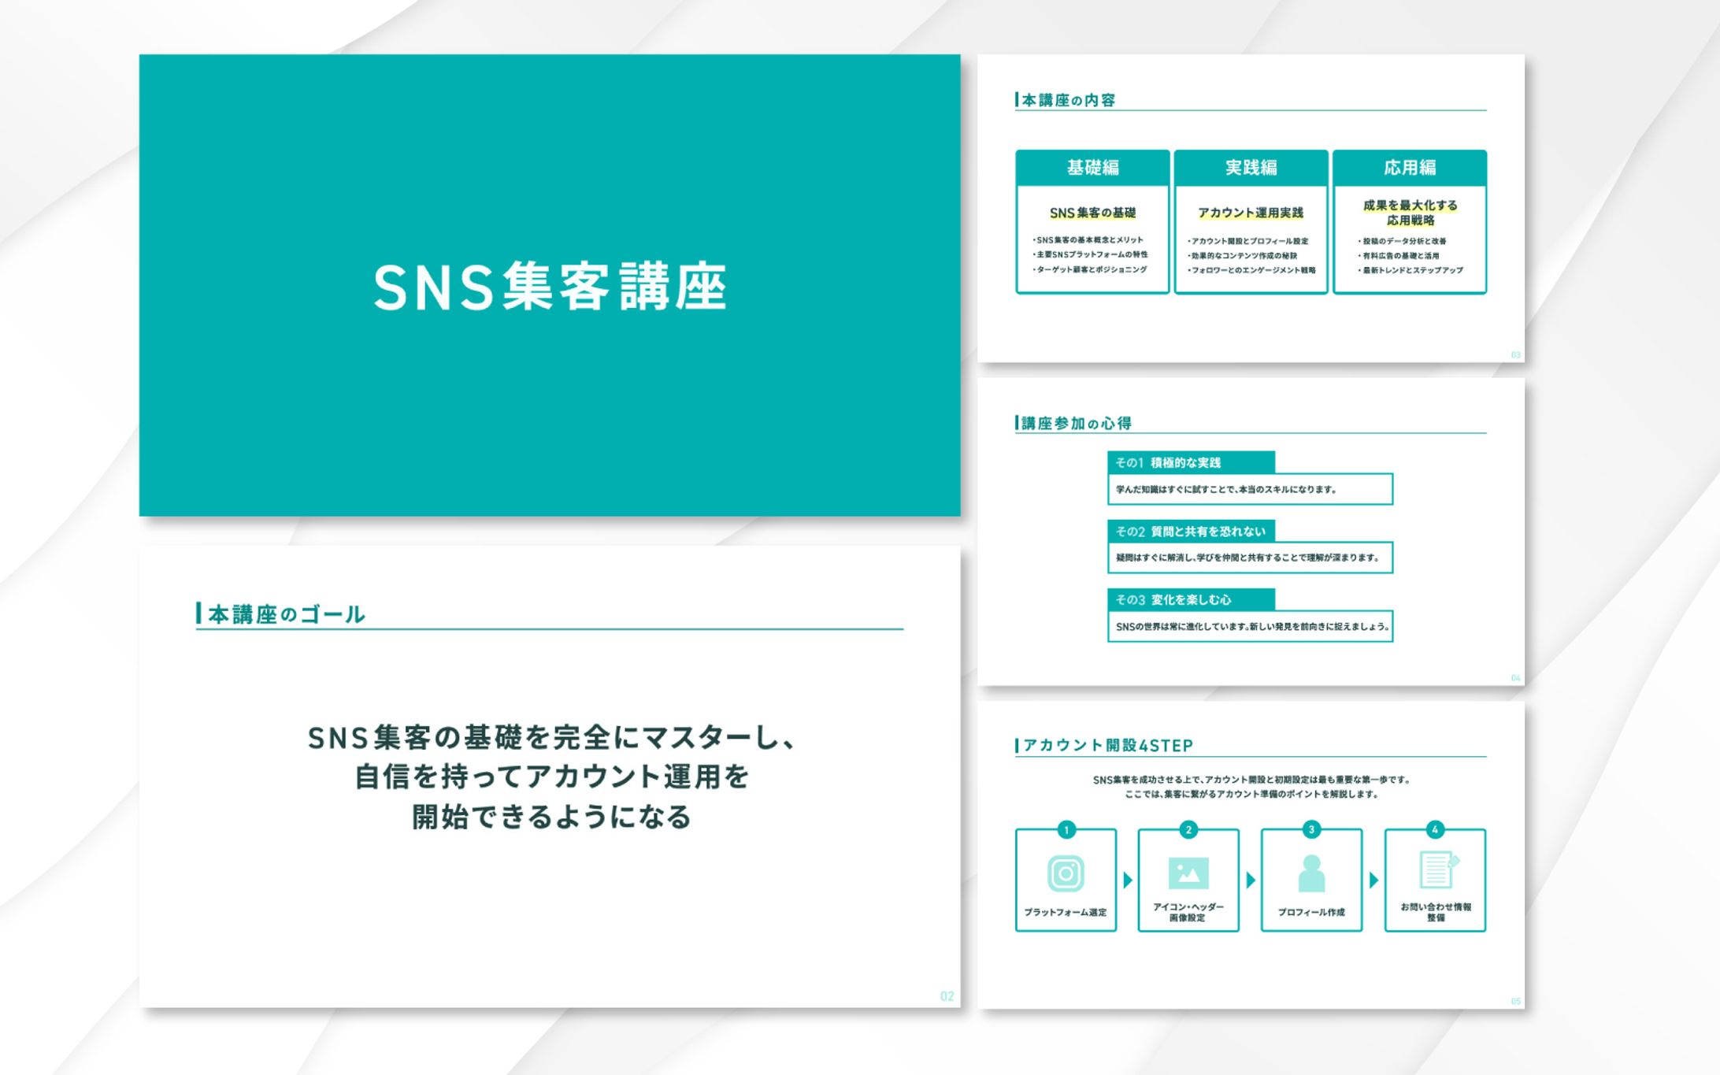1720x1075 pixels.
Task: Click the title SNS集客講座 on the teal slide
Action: (x=550, y=287)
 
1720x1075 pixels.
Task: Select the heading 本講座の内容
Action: (x=1068, y=100)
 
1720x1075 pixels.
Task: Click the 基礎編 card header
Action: (x=1092, y=168)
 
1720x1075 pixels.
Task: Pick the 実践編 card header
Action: (x=1251, y=168)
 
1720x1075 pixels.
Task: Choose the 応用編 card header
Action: (x=1410, y=168)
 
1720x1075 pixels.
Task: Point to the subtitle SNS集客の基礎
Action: (x=1092, y=213)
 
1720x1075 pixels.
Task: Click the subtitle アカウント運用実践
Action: (x=1251, y=213)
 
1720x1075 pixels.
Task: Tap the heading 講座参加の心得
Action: (x=1076, y=424)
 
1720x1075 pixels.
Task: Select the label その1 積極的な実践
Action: (x=1169, y=463)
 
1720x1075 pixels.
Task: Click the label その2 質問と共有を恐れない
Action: (x=1190, y=532)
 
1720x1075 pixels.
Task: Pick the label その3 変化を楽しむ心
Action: (x=1173, y=600)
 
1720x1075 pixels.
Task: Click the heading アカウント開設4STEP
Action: (x=1107, y=745)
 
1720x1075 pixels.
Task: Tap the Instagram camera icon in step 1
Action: (x=1066, y=873)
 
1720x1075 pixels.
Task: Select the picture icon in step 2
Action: (x=1188, y=873)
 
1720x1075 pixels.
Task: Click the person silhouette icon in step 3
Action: (x=1311, y=873)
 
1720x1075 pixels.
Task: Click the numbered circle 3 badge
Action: (x=1311, y=829)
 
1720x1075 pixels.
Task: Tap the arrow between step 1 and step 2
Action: (x=1128, y=880)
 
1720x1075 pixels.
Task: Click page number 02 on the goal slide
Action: (x=947, y=996)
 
